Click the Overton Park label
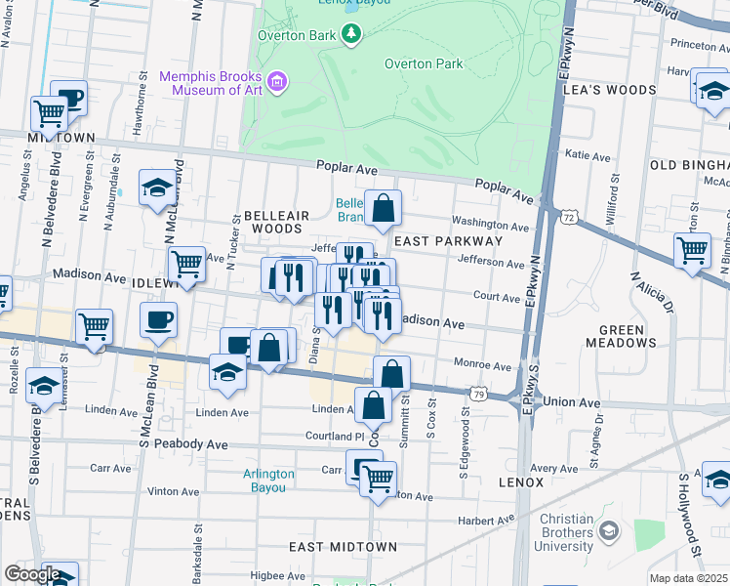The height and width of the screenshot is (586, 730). click(422, 63)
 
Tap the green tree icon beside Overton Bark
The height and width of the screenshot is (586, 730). click(350, 35)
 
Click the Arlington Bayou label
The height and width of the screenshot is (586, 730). click(268, 481)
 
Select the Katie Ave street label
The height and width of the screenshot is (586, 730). click(588, 155)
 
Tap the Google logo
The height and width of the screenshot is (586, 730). click(31, 574)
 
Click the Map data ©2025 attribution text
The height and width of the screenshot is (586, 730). click(688, 578)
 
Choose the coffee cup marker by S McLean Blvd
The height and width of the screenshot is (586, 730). click(158, 318)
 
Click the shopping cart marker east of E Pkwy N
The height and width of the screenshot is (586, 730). click(692, 249)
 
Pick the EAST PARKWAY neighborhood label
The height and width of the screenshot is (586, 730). click(448, 240)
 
